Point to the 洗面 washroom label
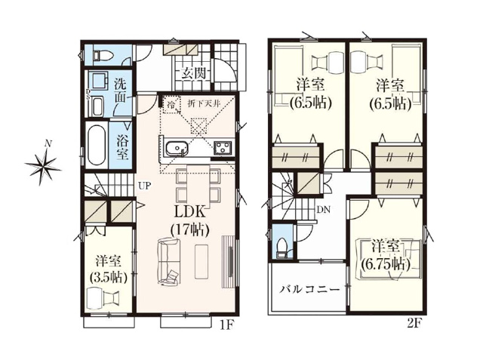(x=121, y=91)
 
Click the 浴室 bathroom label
(x=121, y=146)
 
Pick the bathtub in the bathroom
(x=96, y=146)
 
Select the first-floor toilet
(x=103, y=54)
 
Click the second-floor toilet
(x=281, y=246)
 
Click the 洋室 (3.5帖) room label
(x=109, y=268)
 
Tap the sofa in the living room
(x=169, y=261)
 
